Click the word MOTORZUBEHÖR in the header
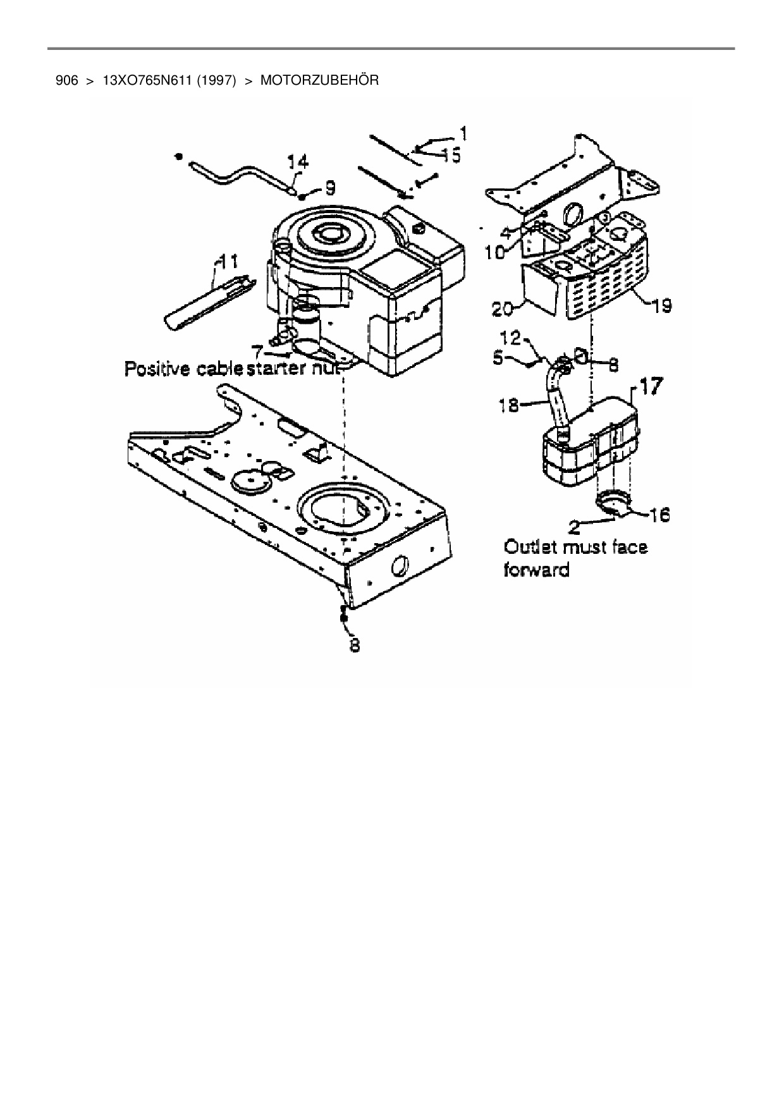[x=319, y=81]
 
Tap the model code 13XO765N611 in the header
[x=147, y=81]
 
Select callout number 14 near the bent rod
[x=298, y=162]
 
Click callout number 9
[x=329, y=187]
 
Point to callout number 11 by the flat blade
[x=227, y=259]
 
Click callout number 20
[x=504, y=309]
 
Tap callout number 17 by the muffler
[x=652, y=386]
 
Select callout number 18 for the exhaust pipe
[x=509, y=404]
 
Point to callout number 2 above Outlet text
[x=574, y=525]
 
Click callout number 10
[x=495, y=252]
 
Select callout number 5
[x=498, y=358]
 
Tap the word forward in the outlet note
[x=536, y=570]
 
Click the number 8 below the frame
[x=355, y=646]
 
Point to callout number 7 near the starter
[x=257, y=349]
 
